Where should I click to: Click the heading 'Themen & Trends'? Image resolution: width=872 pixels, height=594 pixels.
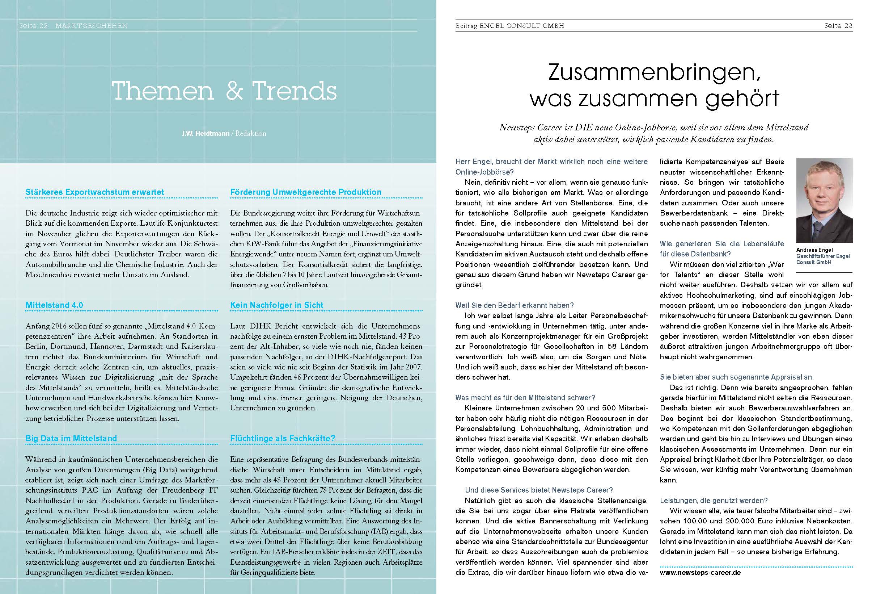click(x=224, y=91)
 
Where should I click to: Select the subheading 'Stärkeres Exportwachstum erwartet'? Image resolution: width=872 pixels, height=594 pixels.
click(x=94, y=192)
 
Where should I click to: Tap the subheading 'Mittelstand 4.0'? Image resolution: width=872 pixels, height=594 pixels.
click(x=54, y=305)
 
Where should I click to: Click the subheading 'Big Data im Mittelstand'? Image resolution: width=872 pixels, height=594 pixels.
click(x=71, y=438)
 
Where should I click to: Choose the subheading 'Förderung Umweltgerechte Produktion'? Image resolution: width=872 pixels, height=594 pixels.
click(x=305, y=192)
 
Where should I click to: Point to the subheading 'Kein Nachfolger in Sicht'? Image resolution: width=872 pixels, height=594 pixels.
click(x=276, y=305)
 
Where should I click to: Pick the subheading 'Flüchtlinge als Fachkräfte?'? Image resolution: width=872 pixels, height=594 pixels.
click(x=283, y=438)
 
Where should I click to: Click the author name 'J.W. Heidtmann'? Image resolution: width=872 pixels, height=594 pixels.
click(x=206, y=133)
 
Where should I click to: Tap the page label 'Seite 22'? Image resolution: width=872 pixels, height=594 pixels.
click(x=34, y=26)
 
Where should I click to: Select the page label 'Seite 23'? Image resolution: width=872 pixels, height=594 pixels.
click(x=838, y=26)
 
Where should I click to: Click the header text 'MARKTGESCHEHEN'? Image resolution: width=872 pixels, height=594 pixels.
click(x=92, y=26)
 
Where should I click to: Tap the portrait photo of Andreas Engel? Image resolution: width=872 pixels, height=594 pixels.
click(x=824, y=200)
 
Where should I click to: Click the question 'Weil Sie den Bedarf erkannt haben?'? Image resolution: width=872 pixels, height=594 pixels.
click(x=515, y=305)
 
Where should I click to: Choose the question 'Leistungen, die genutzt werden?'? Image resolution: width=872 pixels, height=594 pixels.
click(x=714, y=501)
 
